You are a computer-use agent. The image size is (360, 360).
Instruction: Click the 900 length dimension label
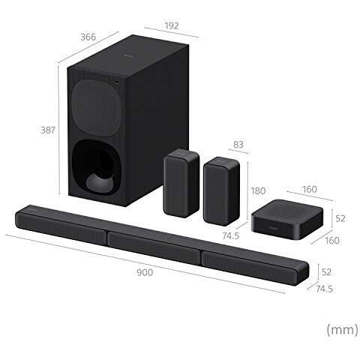click(x=145, y=272)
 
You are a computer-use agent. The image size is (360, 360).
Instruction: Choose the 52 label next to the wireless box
click(x=338, y=218)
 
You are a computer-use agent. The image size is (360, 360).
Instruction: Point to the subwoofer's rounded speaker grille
click(x=95, y=104)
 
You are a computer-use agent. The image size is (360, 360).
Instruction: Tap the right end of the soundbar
click(x=300, y=270)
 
